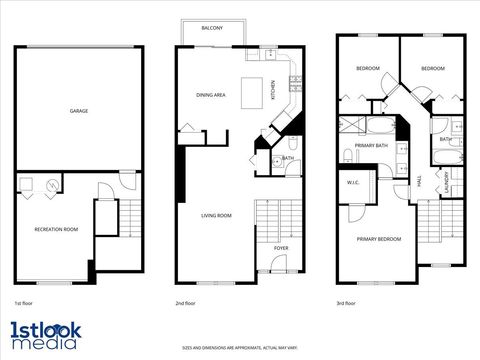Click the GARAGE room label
click(79, 111)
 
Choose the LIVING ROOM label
click(217, 215)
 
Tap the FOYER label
click(281, 247)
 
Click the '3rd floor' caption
click(346, 302)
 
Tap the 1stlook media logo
click(46, 335)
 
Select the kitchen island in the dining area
click(255, 86)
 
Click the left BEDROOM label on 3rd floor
click(367, 68)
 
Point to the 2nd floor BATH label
click(287, 158)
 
